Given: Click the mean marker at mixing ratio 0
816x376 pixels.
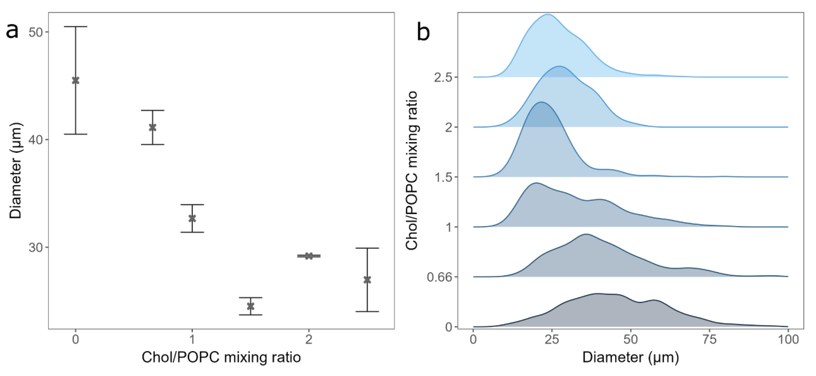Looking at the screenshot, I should pyautogui.click(x=75, y=80).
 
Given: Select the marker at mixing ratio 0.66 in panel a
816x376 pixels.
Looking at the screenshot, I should pyautogui.click(x=152, y=127).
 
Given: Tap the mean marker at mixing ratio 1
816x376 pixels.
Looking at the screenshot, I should pyautogui.click(x=192, y=218).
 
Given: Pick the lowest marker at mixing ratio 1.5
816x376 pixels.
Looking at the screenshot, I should pyautogui.click(x=250, y=306).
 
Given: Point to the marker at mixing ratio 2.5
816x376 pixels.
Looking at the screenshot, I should pyautogui.click(x=367, y=280).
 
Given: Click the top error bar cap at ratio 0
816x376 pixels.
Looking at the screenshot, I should pyautogui.click(x=75, y=27).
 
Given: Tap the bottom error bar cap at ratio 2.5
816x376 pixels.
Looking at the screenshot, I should pyautogui.click(x=367, y=312).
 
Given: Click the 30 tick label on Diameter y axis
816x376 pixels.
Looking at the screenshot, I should pyautogui.click(x=36, y=247).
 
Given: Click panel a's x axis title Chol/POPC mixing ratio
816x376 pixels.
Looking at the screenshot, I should pyautogui.click(x=221, y=357).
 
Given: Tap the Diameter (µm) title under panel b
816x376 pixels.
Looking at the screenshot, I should pyautogui.click(x=630, y=357).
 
